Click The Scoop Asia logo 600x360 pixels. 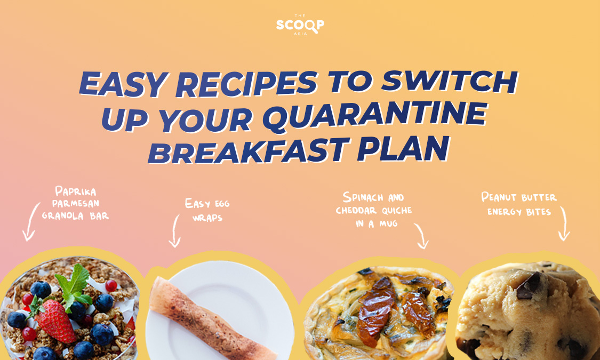tap(300, 25)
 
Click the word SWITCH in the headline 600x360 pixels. tap(450, 82)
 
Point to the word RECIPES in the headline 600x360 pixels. tap(246, 84)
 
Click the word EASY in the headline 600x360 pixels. tap(123, 84)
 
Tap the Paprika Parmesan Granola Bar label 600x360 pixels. tap(75, 203)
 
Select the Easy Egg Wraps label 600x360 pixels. tap(207, 210)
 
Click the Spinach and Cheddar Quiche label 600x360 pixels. tap(373, 210)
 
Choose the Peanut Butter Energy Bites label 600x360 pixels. tap(519, 204)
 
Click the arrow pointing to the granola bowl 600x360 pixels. tap(30, 222)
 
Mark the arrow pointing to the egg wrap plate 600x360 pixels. tap(175, 231)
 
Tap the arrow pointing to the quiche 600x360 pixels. tap(422, 236)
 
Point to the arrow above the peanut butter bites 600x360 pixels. tap(565, 223)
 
